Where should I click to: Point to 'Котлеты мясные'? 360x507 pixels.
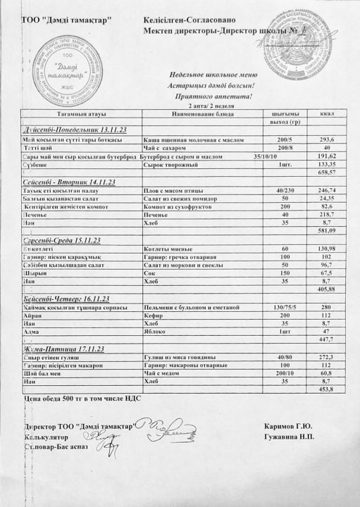[x=168, y=249]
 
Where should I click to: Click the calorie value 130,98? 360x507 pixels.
[x=325, y=249]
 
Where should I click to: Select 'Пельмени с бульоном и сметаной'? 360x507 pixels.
[x=191, y=308]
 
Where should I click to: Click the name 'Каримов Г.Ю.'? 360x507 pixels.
[x=289, y=426]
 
